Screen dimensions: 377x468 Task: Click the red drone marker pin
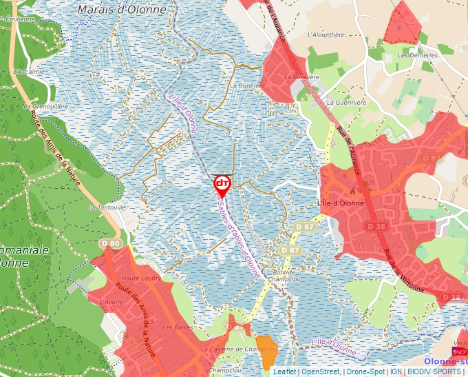coord(222,184)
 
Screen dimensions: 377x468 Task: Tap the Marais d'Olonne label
coord(122,10)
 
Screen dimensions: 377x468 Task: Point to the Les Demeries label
coord(414,54)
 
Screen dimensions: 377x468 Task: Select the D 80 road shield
coord(110,243)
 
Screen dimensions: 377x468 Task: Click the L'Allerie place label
coord(111,302)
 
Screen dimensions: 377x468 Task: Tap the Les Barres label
coord(178,327)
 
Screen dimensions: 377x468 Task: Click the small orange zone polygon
coord(266,345)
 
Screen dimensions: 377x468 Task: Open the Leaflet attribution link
coord(284,371)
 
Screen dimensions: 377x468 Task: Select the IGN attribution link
coord(396,371)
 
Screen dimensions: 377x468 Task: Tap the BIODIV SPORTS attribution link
coord(434,371)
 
